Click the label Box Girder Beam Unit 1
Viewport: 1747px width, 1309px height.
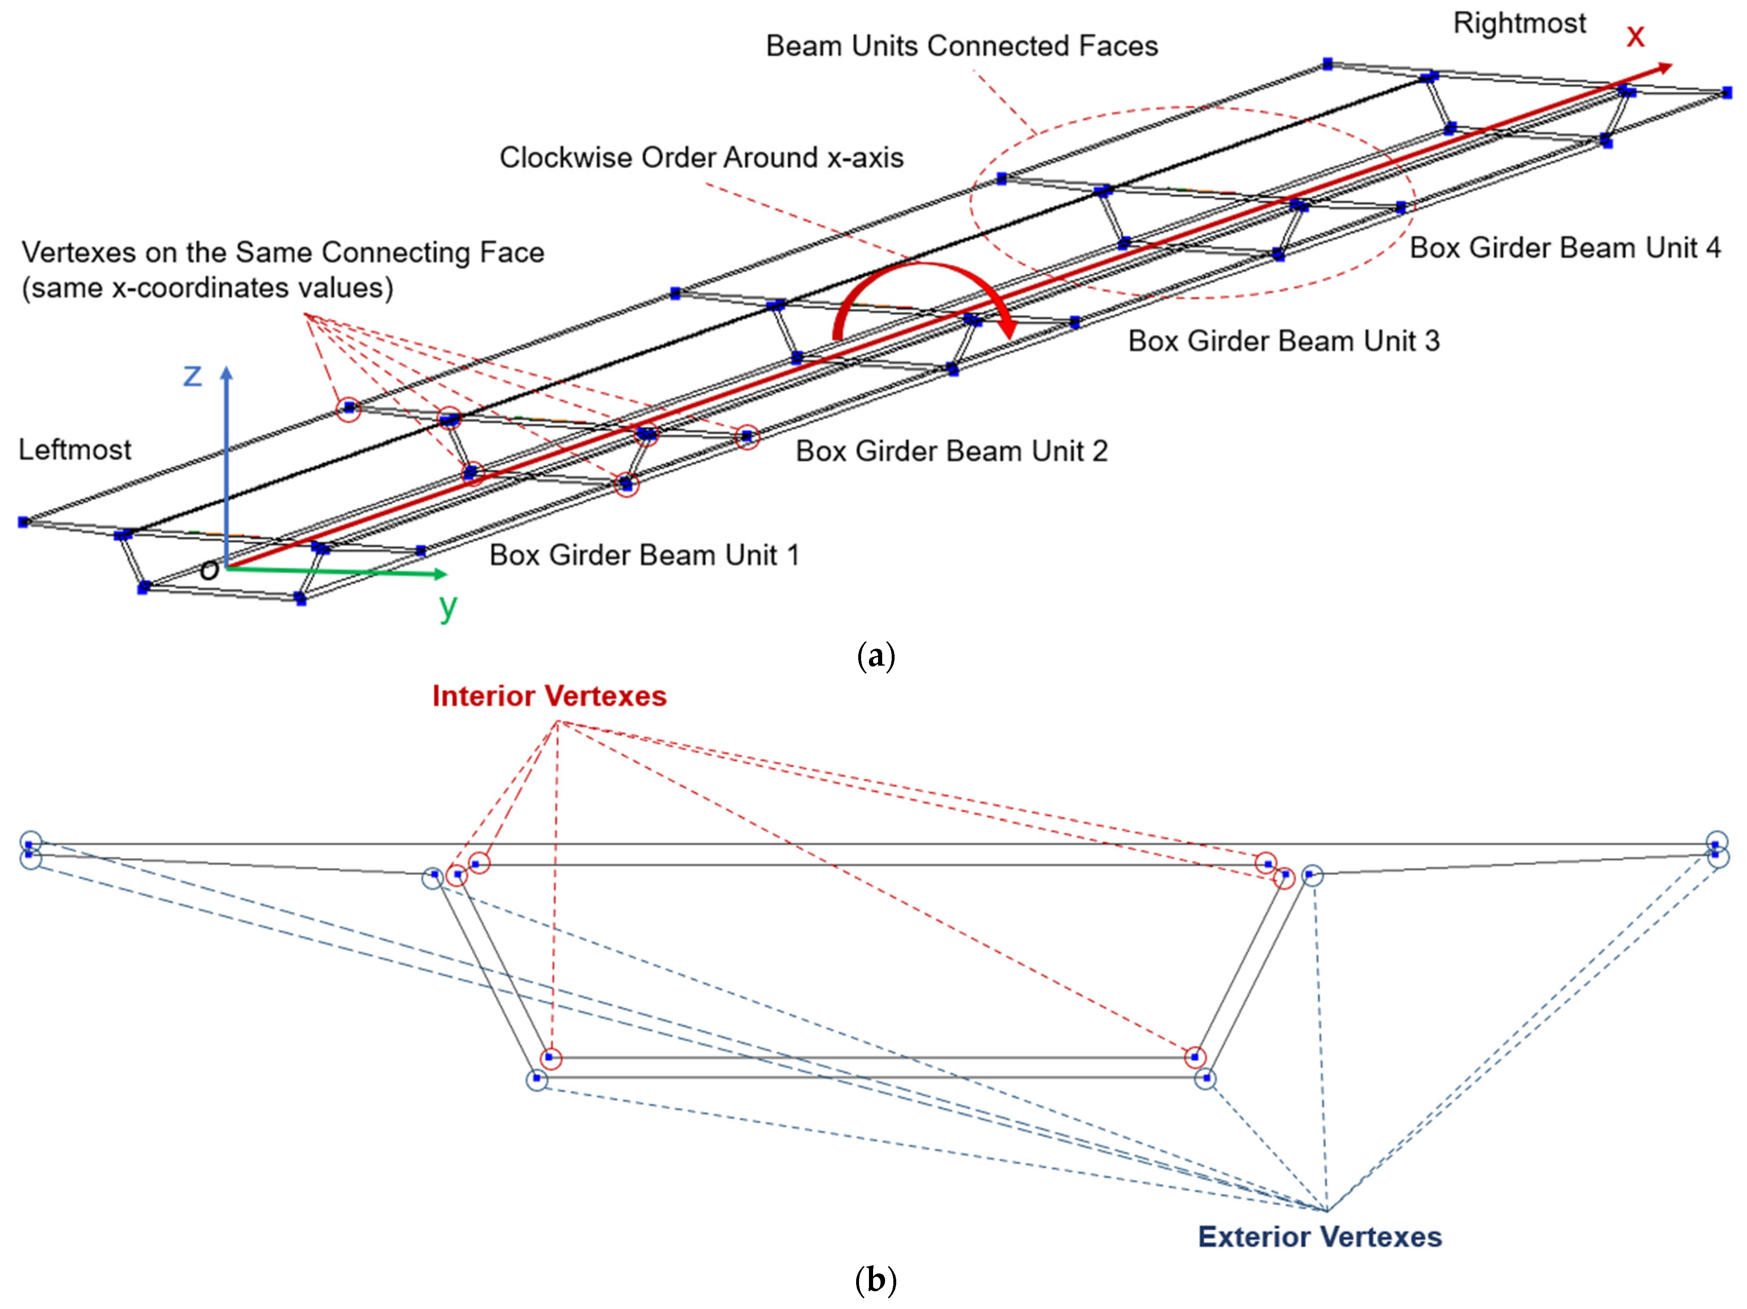point(644,555)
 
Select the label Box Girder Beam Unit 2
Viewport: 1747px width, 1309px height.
point(951,451)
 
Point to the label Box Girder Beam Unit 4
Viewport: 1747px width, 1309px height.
point(1564,248)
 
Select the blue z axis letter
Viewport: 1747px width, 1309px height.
point(192,375)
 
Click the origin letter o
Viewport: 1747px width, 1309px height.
point(209,569)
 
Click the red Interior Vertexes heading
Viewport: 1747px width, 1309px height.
point(549,695)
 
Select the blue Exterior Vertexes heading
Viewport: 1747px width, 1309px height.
point(1319,1236)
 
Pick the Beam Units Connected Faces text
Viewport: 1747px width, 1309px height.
point(961,46)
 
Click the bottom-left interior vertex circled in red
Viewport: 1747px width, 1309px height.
point(550,1058)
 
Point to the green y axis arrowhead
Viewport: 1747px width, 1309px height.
point(441,574)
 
